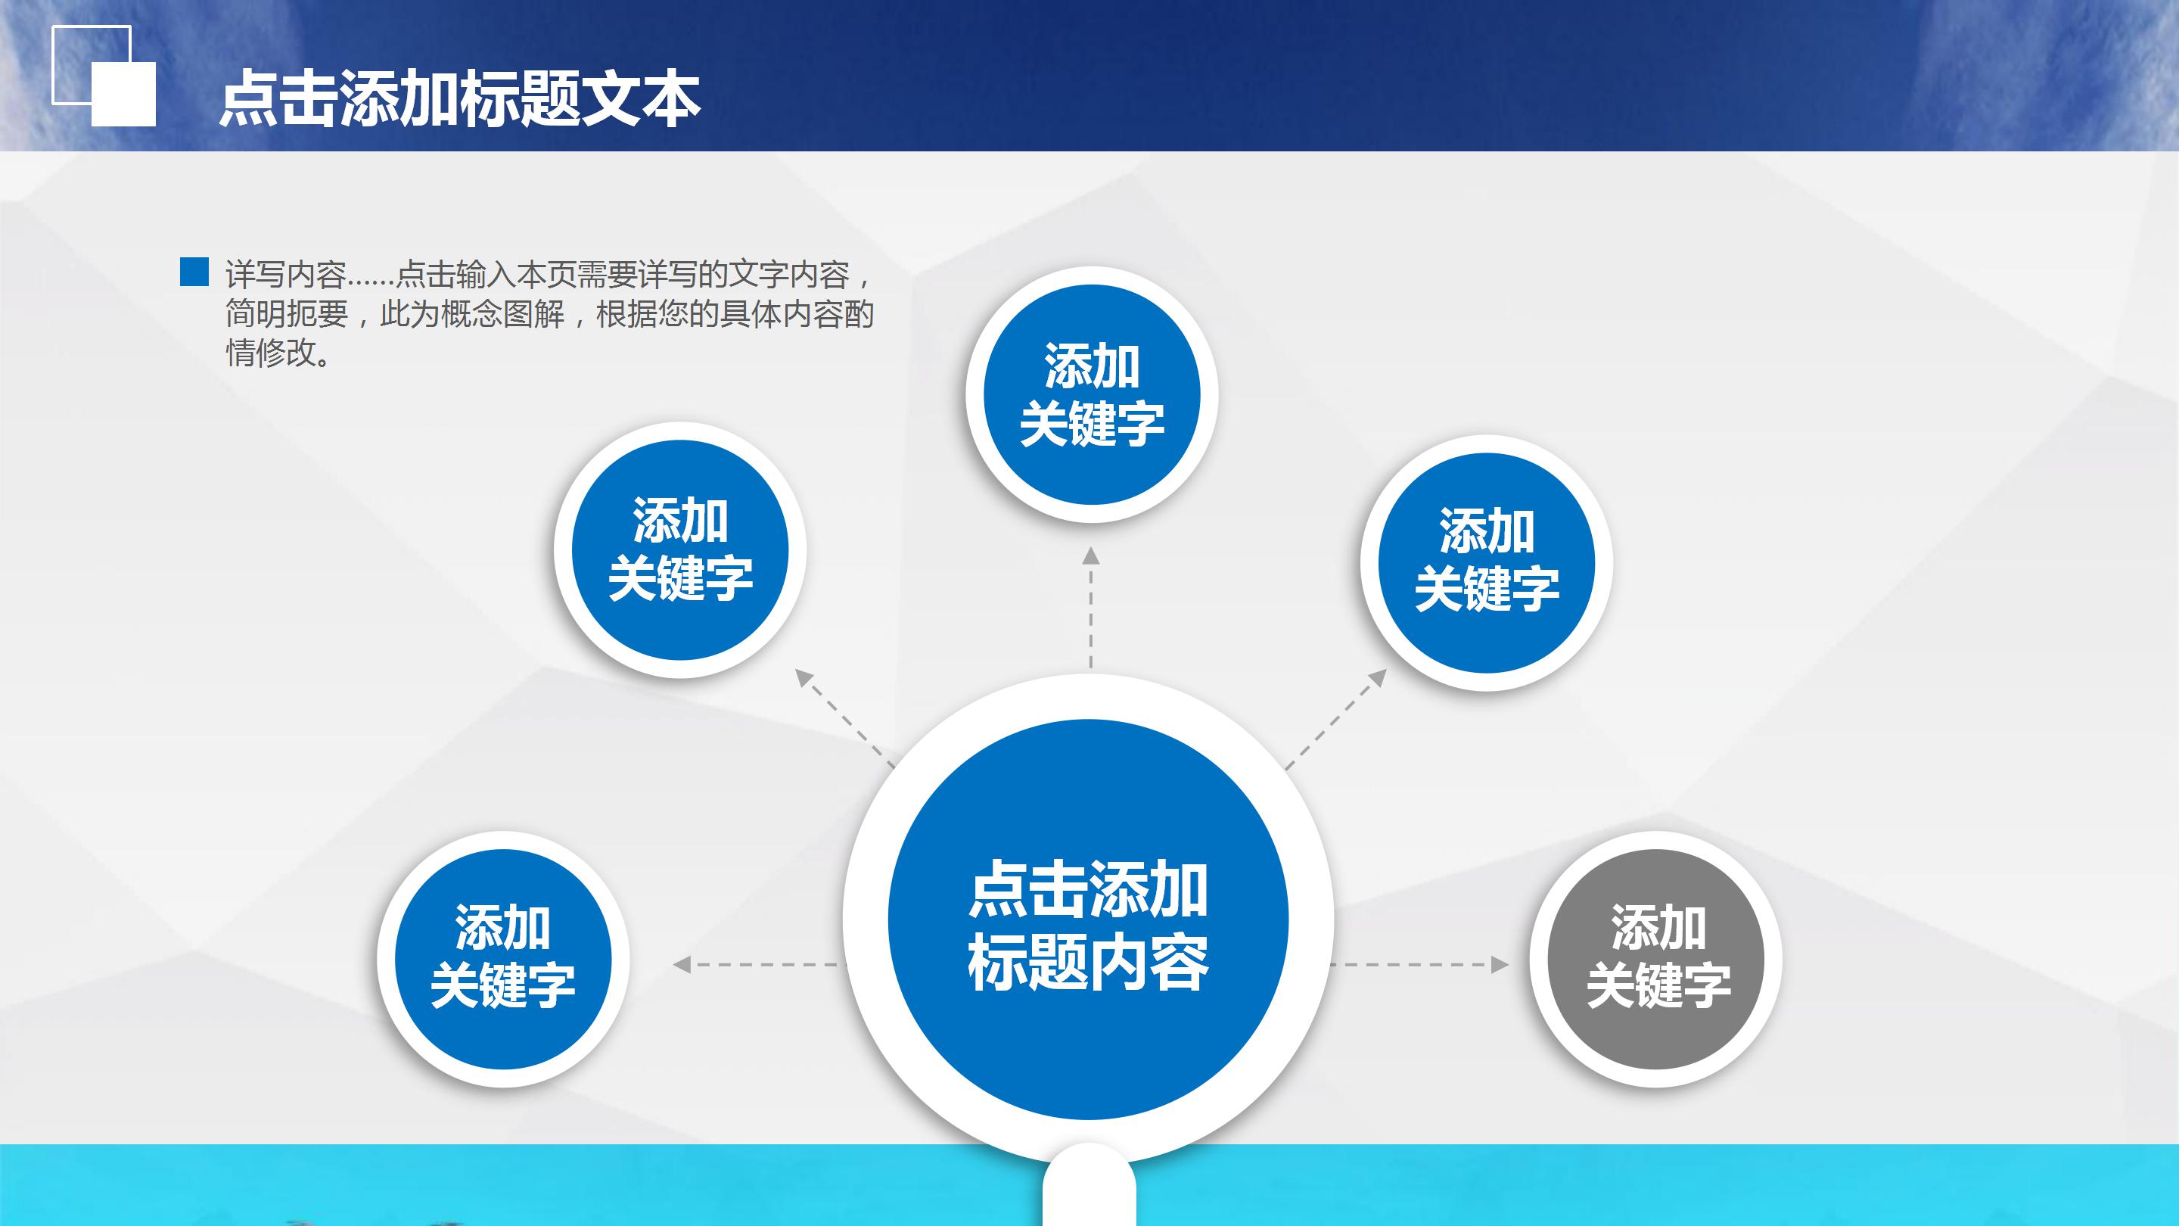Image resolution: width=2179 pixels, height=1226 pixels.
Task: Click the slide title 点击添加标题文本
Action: (459, 100)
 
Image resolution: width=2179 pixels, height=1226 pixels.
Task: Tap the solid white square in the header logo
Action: (123, 94)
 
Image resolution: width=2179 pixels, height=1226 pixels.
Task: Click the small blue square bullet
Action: (194, 272)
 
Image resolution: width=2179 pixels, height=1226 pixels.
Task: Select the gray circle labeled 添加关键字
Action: (1656, 959)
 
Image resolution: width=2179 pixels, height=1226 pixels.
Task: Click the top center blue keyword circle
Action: (1091, 394)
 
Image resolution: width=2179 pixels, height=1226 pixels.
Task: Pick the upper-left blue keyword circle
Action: (680, 550)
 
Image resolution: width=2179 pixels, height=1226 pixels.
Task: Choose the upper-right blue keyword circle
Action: (1486, 562)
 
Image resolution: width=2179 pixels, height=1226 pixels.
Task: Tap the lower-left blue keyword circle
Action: (502, 959)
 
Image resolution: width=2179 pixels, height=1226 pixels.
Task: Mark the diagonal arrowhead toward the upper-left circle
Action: (804, 678)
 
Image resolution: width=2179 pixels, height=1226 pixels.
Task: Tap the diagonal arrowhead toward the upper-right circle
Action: (1378, 678)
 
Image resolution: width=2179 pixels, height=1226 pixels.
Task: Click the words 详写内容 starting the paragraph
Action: (286, 275)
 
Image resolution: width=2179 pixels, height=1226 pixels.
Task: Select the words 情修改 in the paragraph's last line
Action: (271, 353)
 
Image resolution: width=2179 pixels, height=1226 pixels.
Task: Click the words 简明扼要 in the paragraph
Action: (286, 314)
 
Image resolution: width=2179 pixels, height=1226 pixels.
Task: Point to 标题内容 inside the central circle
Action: (1088, 963)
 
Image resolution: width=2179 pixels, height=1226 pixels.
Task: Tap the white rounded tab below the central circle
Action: (1089, 1189)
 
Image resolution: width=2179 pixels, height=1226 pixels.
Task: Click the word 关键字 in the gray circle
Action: (1658, 985)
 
